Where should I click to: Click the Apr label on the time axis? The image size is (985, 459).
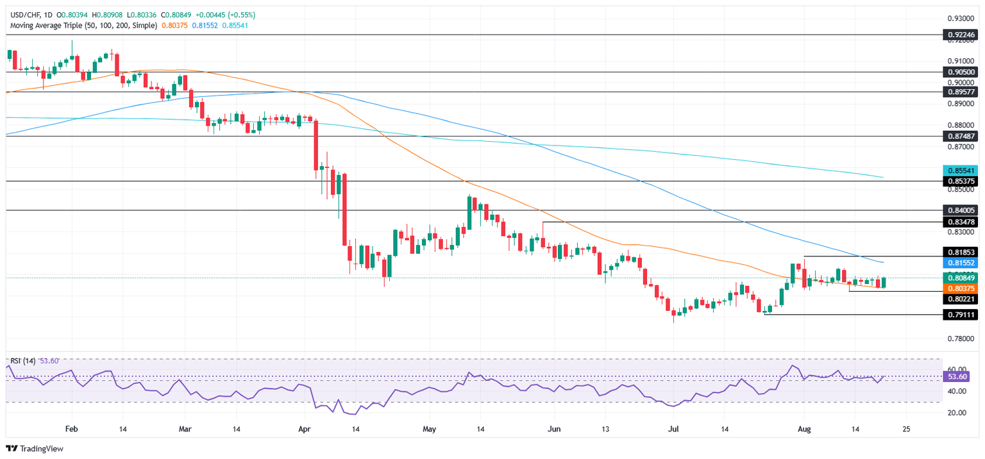[x=305, y=428]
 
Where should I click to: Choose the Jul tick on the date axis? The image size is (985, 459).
[x=674, y=428]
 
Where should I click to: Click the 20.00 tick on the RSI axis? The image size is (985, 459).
[x=958, y=412]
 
